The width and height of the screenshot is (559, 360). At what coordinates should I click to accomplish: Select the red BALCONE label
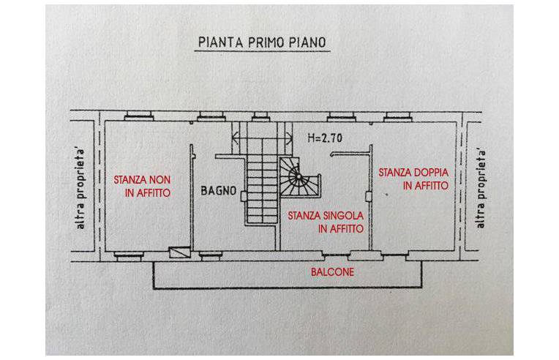tap(337, 271)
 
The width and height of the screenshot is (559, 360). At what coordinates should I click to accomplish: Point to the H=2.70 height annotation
tap(324, 137)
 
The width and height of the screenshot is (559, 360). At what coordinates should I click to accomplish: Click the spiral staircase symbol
tap(296, 178)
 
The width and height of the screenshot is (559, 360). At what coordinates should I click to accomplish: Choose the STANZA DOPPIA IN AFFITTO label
tap(413, 179)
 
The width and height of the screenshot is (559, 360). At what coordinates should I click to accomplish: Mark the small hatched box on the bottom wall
tap(178, 252)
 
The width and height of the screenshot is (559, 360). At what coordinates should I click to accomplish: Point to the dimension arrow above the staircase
tap(256, 136)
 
